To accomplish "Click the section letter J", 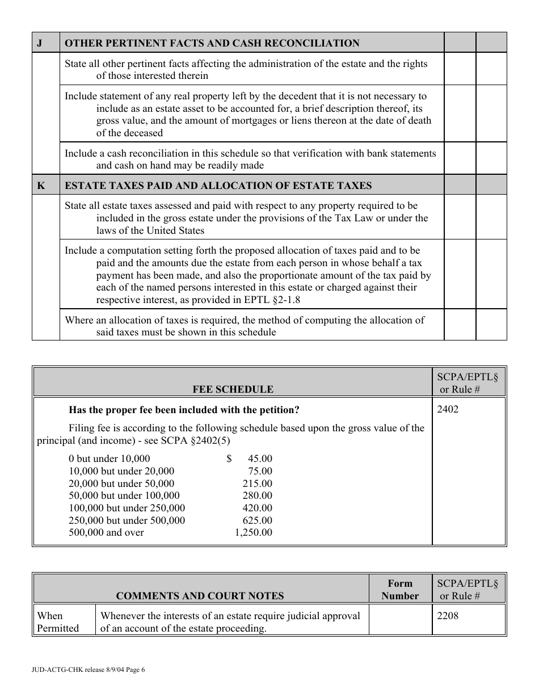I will coord(39,43).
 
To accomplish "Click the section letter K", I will coord(40,186).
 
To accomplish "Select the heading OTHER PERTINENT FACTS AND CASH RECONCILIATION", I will coord(212,43).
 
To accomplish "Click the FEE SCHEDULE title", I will coord(233,389).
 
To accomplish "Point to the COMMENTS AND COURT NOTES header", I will coord(200,596).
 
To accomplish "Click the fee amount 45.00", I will coord(260,459).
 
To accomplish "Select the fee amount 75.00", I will coord(260,471).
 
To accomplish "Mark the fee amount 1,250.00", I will coord(253,532).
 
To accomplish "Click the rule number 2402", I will coord(448,409).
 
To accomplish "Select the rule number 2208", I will coord(448,616).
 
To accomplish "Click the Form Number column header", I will coord(400,590).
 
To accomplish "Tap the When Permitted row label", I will coord(58,622).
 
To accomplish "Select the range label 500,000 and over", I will coord(106,532).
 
